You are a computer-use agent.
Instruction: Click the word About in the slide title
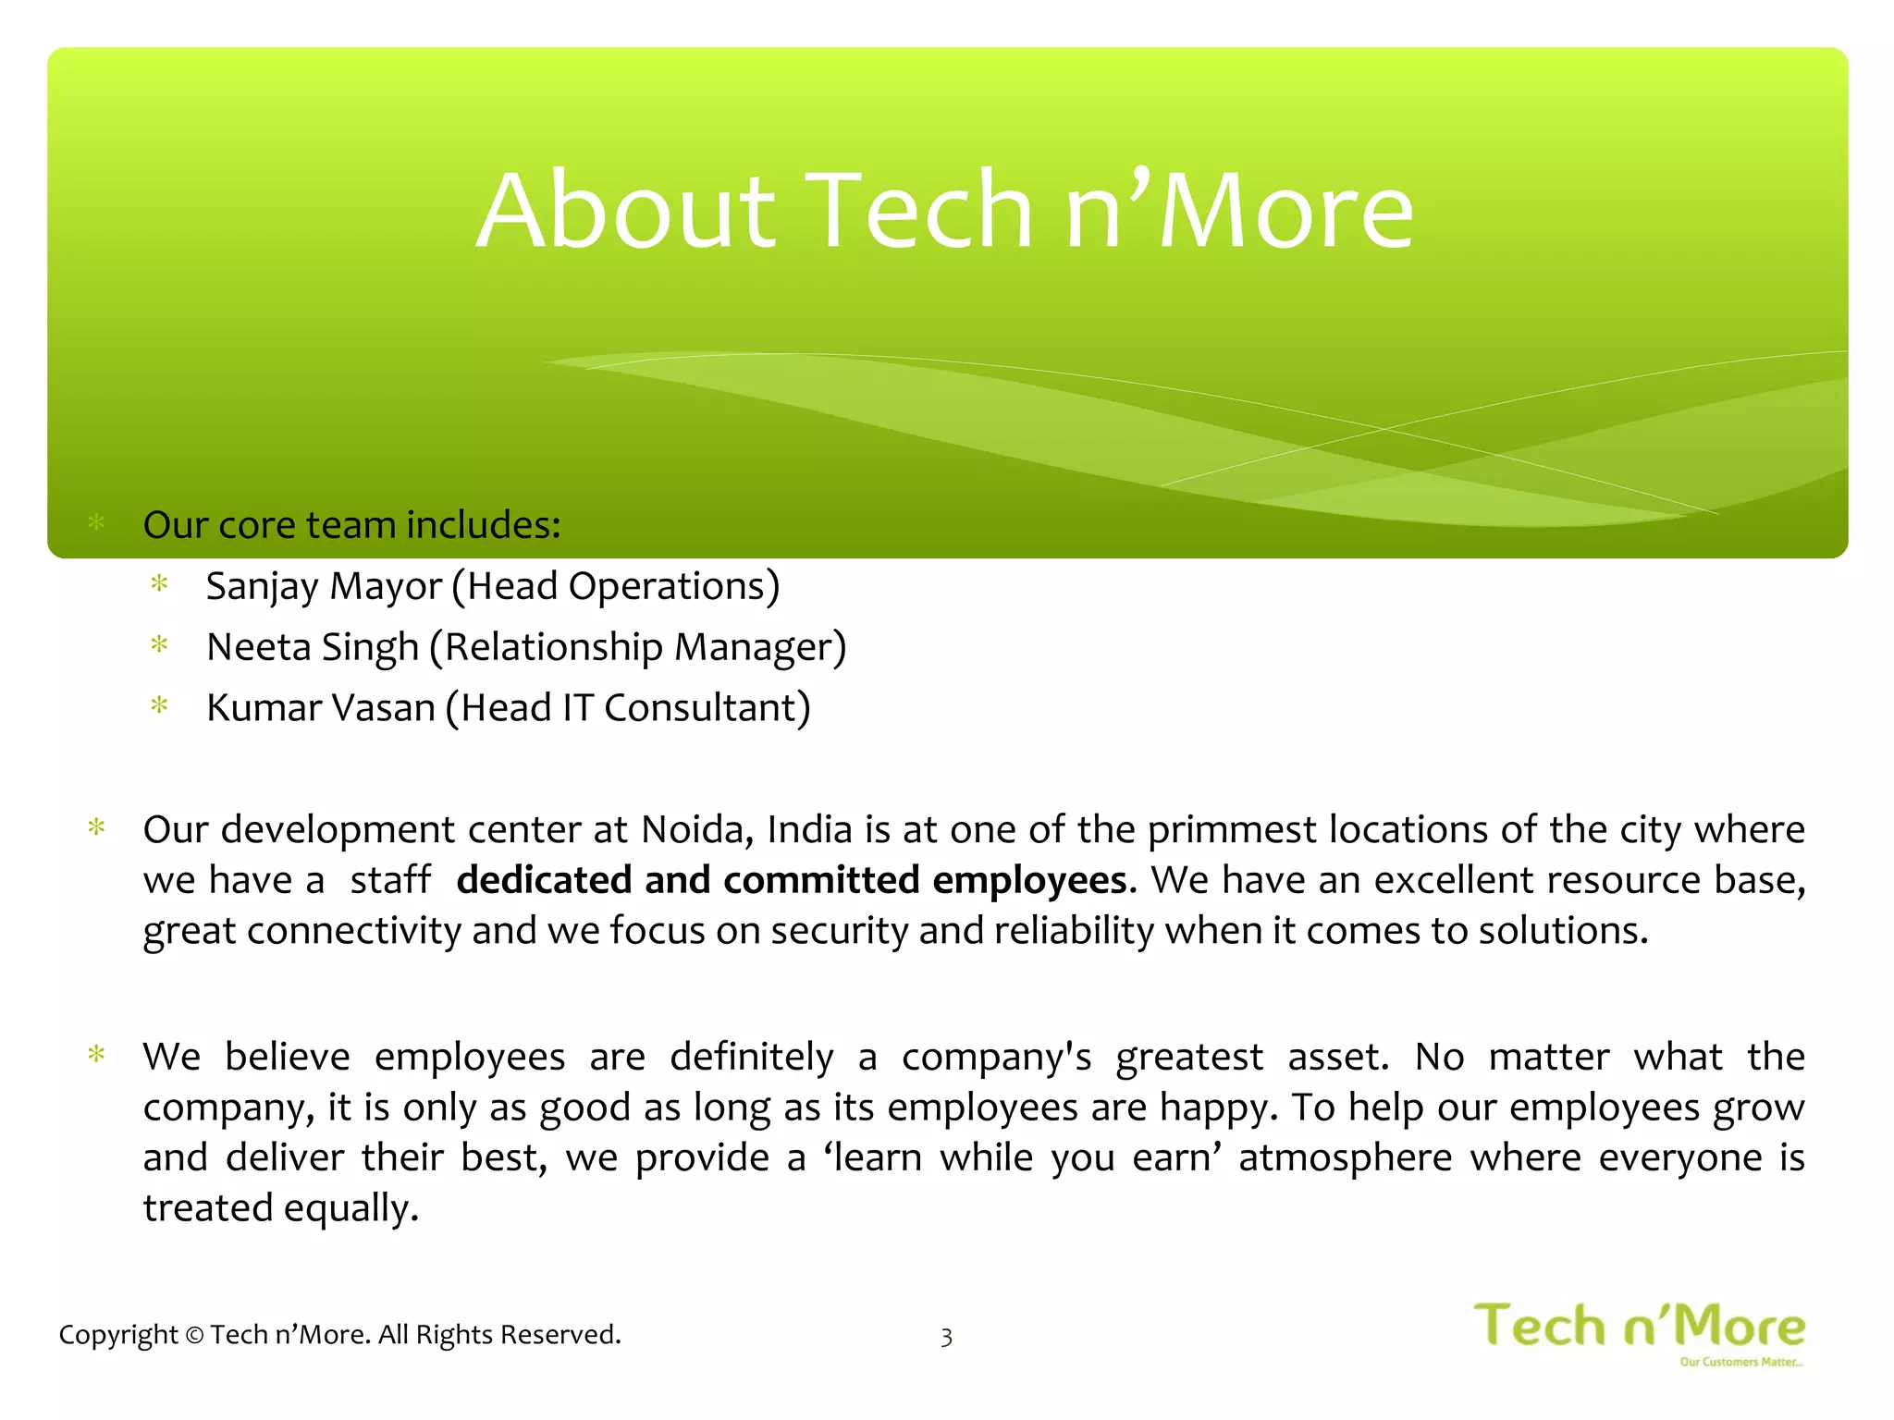(625, 211)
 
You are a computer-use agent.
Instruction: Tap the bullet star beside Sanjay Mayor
(159, 584)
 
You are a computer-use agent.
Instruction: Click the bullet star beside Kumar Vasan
(159, 707)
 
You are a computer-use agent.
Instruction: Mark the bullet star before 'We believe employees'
(95, 1055)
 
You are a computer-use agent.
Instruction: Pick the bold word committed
(820, 880)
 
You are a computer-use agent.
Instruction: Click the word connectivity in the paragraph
(353, 931)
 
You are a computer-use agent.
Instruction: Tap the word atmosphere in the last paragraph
(1346, 1157)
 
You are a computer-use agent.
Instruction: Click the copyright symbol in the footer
(194, 1335)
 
